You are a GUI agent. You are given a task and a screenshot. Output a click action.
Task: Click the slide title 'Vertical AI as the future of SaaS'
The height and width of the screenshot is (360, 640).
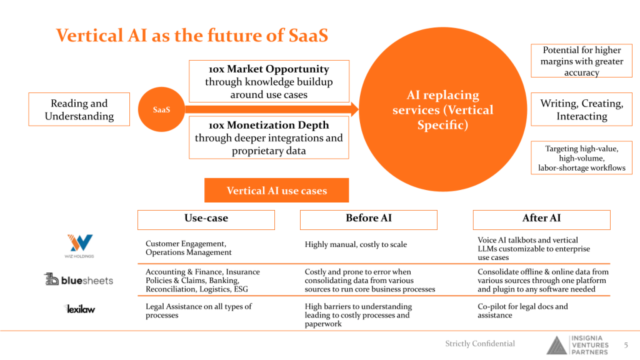click(x=192, y=34)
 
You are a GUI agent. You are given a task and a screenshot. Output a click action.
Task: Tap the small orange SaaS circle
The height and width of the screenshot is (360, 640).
click(x=161, y=109)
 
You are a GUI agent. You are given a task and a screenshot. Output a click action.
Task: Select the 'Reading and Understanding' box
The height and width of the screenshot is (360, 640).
click(x=79, y=109)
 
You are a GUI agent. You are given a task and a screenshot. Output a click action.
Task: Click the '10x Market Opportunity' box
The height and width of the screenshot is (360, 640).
click(x=269, y=81)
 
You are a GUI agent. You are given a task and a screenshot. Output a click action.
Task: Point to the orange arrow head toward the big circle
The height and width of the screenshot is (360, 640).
click(x=355, y=110)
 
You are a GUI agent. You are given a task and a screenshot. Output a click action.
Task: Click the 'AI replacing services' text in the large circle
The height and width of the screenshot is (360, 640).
click(x=442, y=110)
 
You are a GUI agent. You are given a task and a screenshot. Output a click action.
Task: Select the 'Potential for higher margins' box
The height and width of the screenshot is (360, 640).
click(x=581, y=61)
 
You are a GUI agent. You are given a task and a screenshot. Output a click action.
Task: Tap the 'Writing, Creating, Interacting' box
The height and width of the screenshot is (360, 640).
click(x=581, y=109)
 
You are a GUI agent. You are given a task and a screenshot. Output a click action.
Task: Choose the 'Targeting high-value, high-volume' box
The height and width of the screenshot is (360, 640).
click(x=581, y=157)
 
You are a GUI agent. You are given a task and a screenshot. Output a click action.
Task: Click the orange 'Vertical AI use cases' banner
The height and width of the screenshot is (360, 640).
click(x=276, y=191)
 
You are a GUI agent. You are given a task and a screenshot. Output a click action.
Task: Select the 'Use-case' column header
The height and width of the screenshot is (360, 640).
click(x=206, y=219)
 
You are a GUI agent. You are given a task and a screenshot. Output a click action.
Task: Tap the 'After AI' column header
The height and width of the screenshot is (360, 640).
click(x=541, y=219)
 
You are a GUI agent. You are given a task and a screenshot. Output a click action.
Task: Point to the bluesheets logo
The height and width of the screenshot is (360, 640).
click(x=79, y=280)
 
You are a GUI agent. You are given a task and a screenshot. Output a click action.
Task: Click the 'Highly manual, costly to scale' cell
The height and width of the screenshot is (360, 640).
click(x=356, y=244)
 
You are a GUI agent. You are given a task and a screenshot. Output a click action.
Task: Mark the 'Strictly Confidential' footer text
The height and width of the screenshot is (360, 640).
click(x=480, y=343)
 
